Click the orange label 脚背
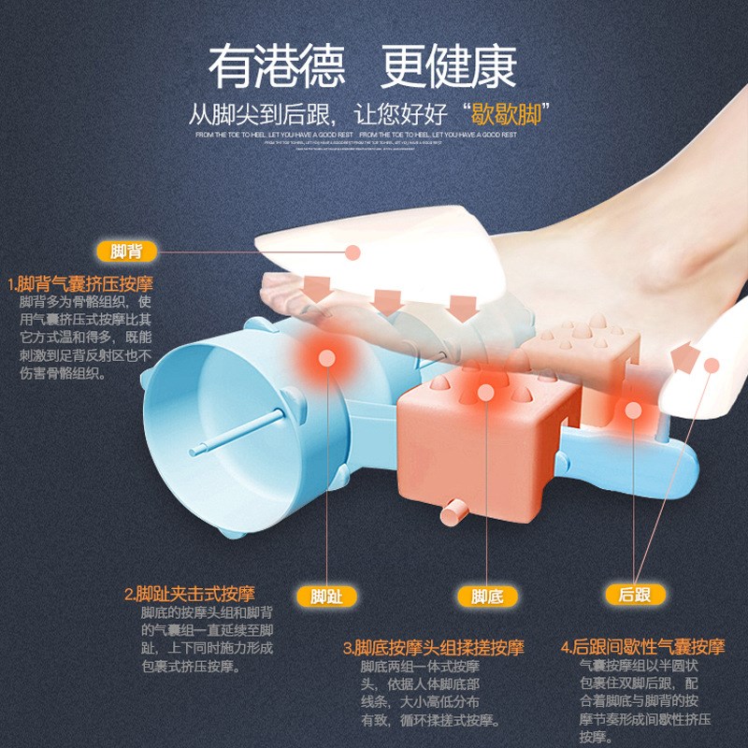point(126,252)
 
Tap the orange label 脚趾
point(326,596)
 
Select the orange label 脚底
point(487,596)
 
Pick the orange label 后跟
point(635,594)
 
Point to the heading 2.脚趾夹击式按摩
point(189,594)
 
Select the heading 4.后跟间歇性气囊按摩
point(642,647)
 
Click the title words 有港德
point(277,66)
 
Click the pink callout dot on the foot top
point(352,252)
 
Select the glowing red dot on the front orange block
point(485,393)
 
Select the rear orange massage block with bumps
point(580,351)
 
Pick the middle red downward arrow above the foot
point(387,301)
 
